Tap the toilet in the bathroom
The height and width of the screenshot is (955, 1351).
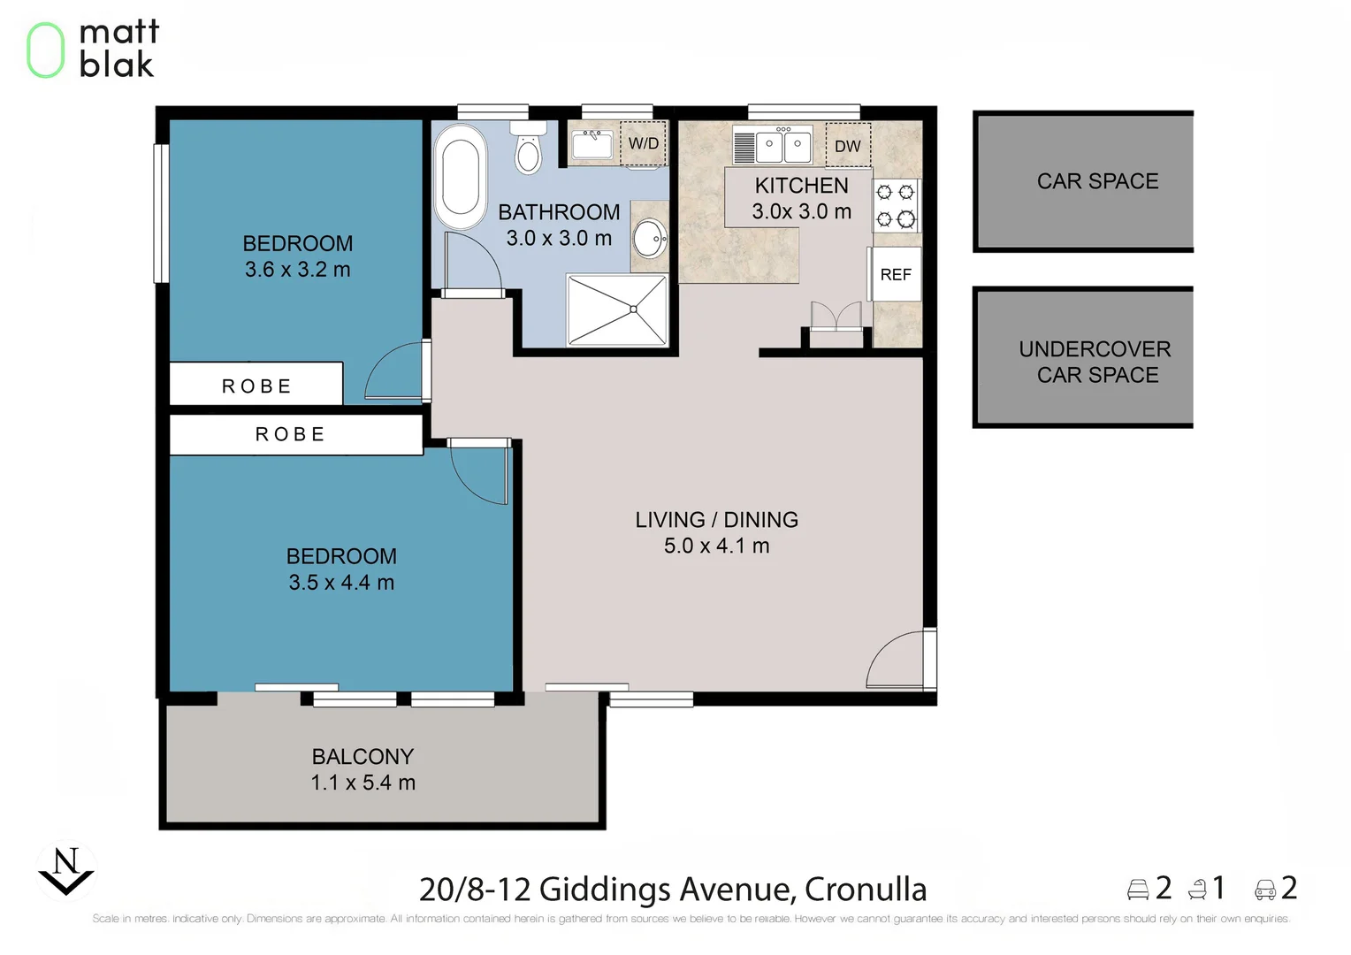528,151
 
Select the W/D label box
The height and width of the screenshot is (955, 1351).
643,143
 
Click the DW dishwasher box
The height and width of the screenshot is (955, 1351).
847,146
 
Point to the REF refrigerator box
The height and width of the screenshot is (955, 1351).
896,275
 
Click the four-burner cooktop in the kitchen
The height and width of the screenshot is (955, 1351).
895,205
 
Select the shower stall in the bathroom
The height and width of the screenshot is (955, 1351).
617,309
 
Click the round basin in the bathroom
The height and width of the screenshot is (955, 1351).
651,238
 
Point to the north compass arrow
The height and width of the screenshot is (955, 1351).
66,872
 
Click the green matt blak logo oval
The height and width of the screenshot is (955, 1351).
45,50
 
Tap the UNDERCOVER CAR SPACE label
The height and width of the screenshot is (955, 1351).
1095,362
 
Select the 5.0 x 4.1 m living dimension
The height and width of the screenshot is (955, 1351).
716,546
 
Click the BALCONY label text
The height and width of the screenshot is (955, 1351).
363,757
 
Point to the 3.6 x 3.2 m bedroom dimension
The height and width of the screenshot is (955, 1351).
297,270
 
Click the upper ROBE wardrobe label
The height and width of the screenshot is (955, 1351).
256,386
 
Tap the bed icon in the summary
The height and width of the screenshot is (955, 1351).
1138,890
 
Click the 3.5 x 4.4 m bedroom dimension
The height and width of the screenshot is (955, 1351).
341,583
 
